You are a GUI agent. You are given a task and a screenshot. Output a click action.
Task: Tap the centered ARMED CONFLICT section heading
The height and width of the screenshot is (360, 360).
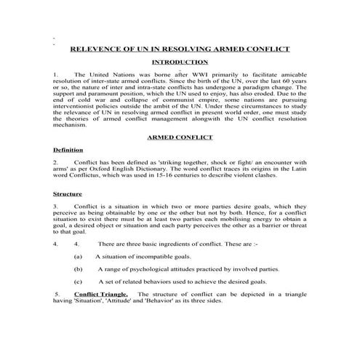[x=179, y=136]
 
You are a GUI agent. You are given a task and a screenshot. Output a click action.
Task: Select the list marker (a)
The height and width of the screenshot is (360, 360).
[x=79, y=257]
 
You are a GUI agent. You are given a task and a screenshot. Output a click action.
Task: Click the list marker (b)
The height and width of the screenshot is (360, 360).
[x=79, y=268]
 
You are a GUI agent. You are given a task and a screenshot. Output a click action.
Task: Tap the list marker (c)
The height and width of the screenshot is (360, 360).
[x=79, y=281]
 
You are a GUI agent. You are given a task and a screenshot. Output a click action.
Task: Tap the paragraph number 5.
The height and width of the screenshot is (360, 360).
[x=57, y=293]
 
